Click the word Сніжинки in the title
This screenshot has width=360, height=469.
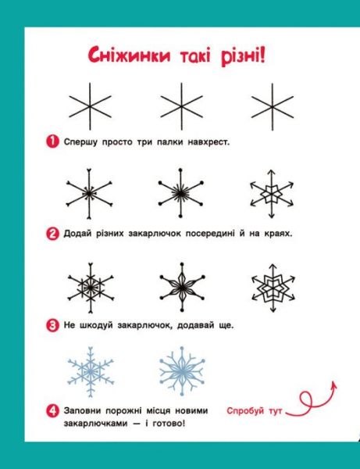pos(129,55)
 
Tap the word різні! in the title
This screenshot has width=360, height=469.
pos(243,57)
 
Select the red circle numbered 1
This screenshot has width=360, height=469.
pos(52,141)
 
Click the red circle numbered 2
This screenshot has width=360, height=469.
pos(52,233)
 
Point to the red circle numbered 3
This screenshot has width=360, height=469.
pos(52,325)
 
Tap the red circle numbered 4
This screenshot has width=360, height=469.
pos(52,410)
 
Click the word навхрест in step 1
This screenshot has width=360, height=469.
pos(209,142)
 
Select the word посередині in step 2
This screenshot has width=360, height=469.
pos(210,234)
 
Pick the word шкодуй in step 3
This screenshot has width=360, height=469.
pos(96,325)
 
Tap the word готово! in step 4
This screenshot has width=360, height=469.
pos(169,424)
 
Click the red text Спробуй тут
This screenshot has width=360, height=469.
pos(255,411)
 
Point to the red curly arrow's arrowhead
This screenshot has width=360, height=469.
pos(334,385)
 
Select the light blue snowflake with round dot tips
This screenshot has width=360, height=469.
pos(182,371)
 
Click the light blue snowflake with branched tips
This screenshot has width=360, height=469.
pos(91,372)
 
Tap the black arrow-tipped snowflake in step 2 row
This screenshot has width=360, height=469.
pos(272,194)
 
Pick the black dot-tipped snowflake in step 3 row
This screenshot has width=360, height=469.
pos(182,287)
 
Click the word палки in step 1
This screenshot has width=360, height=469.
pos(169,142)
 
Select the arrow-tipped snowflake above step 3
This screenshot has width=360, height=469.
pos(273,288)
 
